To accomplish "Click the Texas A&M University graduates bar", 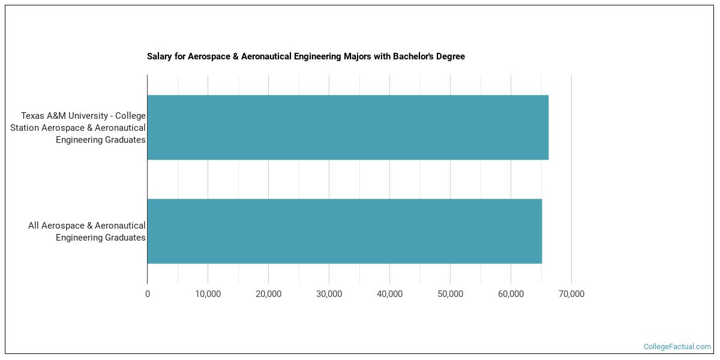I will pos(347,127).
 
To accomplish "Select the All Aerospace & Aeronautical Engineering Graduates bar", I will pos(344,231).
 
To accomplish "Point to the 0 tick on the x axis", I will pos(148,294).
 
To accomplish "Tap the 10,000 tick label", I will pos(208,294).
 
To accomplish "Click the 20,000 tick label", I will pos(268,294).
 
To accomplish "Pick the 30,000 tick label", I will pos(329,294).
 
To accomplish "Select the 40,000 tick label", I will pos(389,294).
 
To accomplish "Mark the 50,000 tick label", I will pos(450,294).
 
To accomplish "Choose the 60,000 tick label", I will pos(511,294).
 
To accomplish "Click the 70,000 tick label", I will pos(571,294).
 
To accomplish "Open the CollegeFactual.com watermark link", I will pos(677,347).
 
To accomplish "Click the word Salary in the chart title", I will pos(160,56).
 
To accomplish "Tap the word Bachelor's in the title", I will pos(414,56).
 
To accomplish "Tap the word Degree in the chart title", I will pos(451,56).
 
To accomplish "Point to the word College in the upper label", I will pos(132,116).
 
